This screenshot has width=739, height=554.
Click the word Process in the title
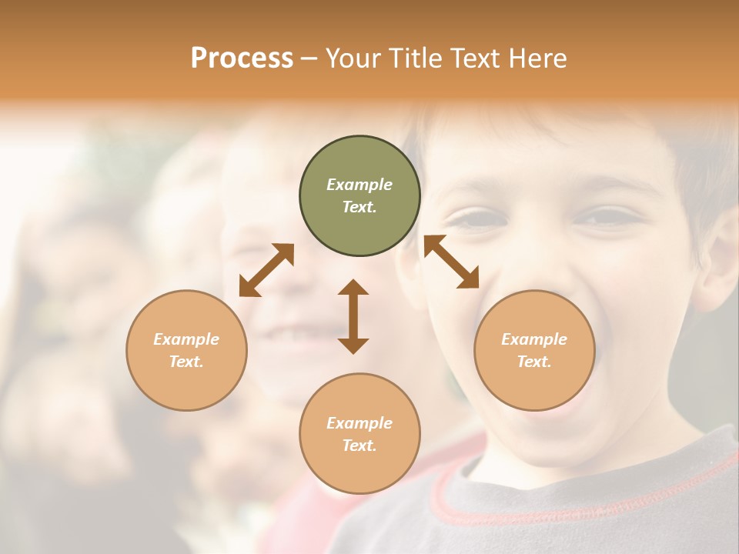point(242,58)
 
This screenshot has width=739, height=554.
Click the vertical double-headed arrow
point(353,316)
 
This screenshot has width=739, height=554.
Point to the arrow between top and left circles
point(266,270)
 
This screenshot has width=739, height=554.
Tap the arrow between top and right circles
point(451,262)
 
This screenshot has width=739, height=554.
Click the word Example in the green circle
point(359,185)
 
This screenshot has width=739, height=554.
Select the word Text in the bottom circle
point(357,446)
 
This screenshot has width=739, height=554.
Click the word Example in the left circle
point(186,339)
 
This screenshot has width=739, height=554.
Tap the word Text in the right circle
point(532,362)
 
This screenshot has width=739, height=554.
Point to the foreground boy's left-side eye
point(479,220)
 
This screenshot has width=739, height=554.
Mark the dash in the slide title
point(309,58)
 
